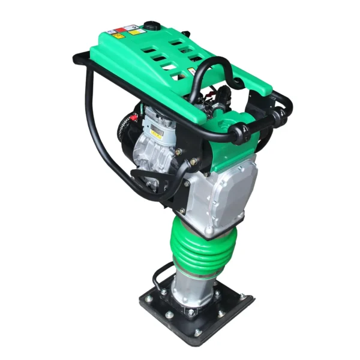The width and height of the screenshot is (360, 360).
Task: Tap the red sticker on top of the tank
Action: pos(121,29)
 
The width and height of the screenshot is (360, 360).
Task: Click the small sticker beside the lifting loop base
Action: pos(193,71)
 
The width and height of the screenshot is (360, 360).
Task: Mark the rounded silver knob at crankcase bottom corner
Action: pos(208,229)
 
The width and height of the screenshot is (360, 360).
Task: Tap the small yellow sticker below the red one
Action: pos(119,35)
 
